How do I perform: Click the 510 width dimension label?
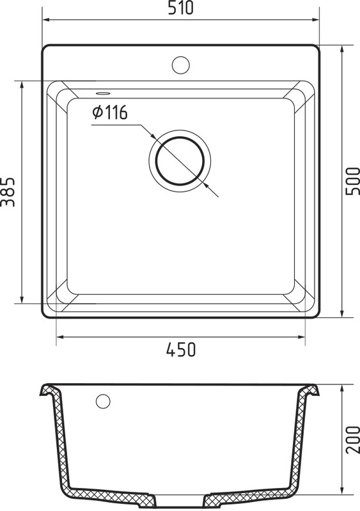(x=180, y=8)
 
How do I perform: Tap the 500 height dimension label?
(x=352, y=181)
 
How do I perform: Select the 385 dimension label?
(x=8, y=192)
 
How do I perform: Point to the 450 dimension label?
(x=181, y=349)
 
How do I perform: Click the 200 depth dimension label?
(x=352, y=439)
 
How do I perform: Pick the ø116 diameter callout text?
(x=110, y=113)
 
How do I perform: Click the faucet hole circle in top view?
(x=180, y=65)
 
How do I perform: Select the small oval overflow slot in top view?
(x=102, y=93)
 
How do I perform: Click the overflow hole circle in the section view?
(x=103, y=401)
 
